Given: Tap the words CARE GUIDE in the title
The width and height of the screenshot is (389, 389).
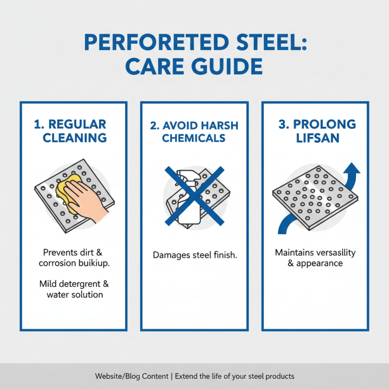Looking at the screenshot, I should pos(194,67).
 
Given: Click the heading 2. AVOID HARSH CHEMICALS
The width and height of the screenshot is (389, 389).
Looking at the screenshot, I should pos(194,131).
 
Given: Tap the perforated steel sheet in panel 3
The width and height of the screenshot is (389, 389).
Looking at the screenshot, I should pos(314,197).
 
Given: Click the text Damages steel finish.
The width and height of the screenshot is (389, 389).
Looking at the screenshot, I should pos(194,255).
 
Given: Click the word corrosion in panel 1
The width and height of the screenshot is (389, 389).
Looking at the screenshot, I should pos(57,263).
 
